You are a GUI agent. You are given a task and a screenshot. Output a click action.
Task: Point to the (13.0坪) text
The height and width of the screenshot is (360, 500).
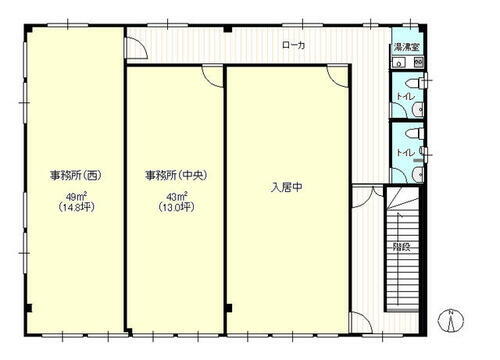[x=173, y=208]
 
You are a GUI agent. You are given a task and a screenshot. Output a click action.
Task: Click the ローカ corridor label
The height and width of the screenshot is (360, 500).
[x=294, y=45]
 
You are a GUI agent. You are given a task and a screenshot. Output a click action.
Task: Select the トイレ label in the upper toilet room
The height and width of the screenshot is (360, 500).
[x=402, y=97]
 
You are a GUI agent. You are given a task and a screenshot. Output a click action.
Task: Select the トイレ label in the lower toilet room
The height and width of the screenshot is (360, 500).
[x=402, y=152]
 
